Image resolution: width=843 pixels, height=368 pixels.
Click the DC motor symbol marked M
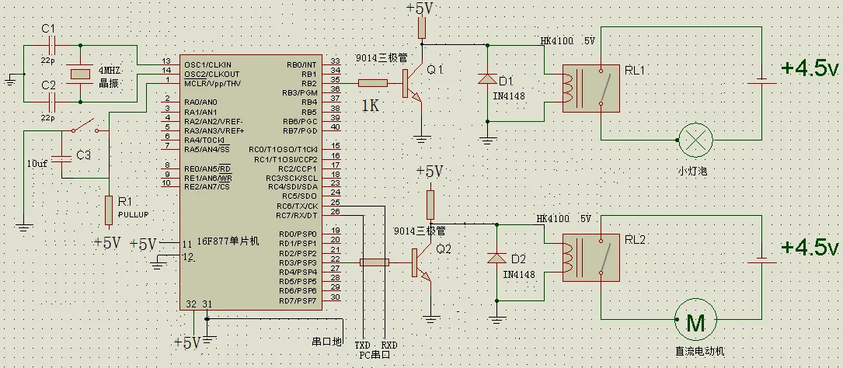click(x=695, y=321)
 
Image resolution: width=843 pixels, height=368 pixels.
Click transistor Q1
click(x=413, y=83)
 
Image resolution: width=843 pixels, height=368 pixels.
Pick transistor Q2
click(x=421, y=262)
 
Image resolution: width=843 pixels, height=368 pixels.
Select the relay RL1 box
click(x=590, y=89)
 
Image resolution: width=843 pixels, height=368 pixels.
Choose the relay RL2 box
click(x=590, y=257)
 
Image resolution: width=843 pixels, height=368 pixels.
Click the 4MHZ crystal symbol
click(x=80, y=74)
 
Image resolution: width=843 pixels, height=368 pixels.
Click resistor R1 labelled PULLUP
click(x=109, y=210)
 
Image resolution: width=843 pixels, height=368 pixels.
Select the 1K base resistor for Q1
click(x=373, y=83)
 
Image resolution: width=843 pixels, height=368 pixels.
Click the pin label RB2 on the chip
click(x=308, y=83)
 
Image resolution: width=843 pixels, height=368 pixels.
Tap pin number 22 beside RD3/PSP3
click(x=336, y=259)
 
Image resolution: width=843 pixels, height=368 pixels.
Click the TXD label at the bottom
click(x=363, y=345)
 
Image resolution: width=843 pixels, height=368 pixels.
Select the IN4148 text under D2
click(x=519, y=275)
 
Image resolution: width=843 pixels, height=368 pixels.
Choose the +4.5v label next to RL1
click(x=810, y=69)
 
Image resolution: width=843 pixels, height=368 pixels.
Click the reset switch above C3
click(x=85, y=127)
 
